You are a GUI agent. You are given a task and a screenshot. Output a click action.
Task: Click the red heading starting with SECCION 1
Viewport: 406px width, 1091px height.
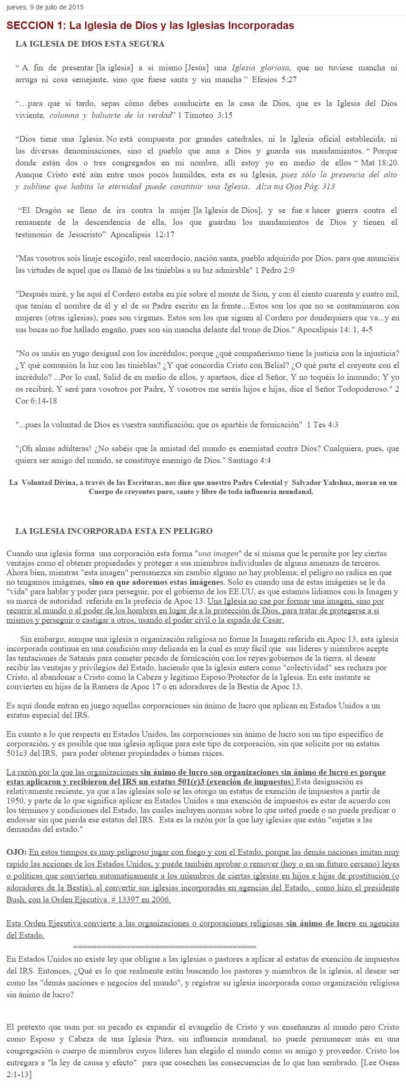tap(150, 26)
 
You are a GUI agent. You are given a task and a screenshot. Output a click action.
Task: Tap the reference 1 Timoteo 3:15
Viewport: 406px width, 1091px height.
tap(205, 116)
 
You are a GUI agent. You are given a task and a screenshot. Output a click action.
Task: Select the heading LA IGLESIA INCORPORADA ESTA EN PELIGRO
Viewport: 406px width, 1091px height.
tap(114, 531)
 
